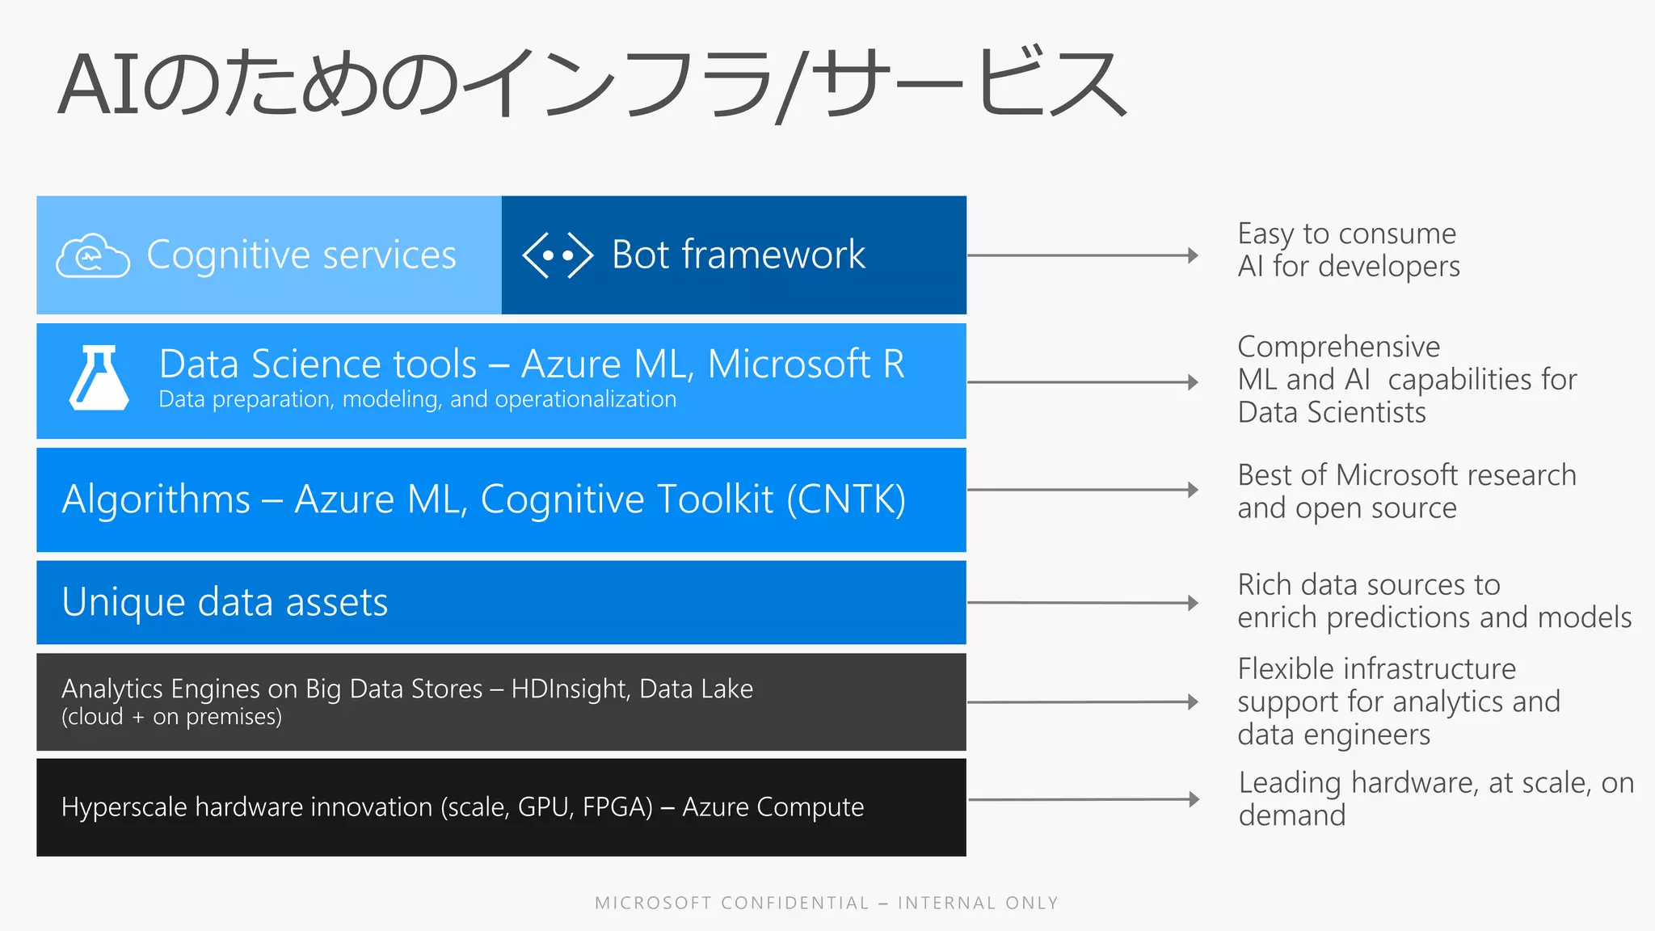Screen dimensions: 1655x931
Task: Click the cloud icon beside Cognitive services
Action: (92, 256)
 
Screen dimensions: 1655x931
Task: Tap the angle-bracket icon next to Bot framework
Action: (558, 255)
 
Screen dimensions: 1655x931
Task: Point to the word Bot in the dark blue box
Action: (641, 255)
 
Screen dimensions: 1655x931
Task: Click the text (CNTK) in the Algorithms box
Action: (846, 499)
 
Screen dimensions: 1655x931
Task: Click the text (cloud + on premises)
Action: (171, 717)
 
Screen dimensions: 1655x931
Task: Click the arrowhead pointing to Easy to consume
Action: (1193, 255)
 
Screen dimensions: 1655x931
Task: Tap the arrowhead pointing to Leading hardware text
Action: (1194, 799)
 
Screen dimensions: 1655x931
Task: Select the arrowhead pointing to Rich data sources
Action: (1193, 603)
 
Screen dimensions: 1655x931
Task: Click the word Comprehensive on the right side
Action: (1338, 348)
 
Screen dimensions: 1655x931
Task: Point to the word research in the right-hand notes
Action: (1522, 475)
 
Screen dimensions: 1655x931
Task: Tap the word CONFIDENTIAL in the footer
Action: (794, 903)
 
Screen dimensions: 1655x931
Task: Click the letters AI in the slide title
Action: (98, 86)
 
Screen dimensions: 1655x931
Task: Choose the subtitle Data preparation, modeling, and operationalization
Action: (417, 399)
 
